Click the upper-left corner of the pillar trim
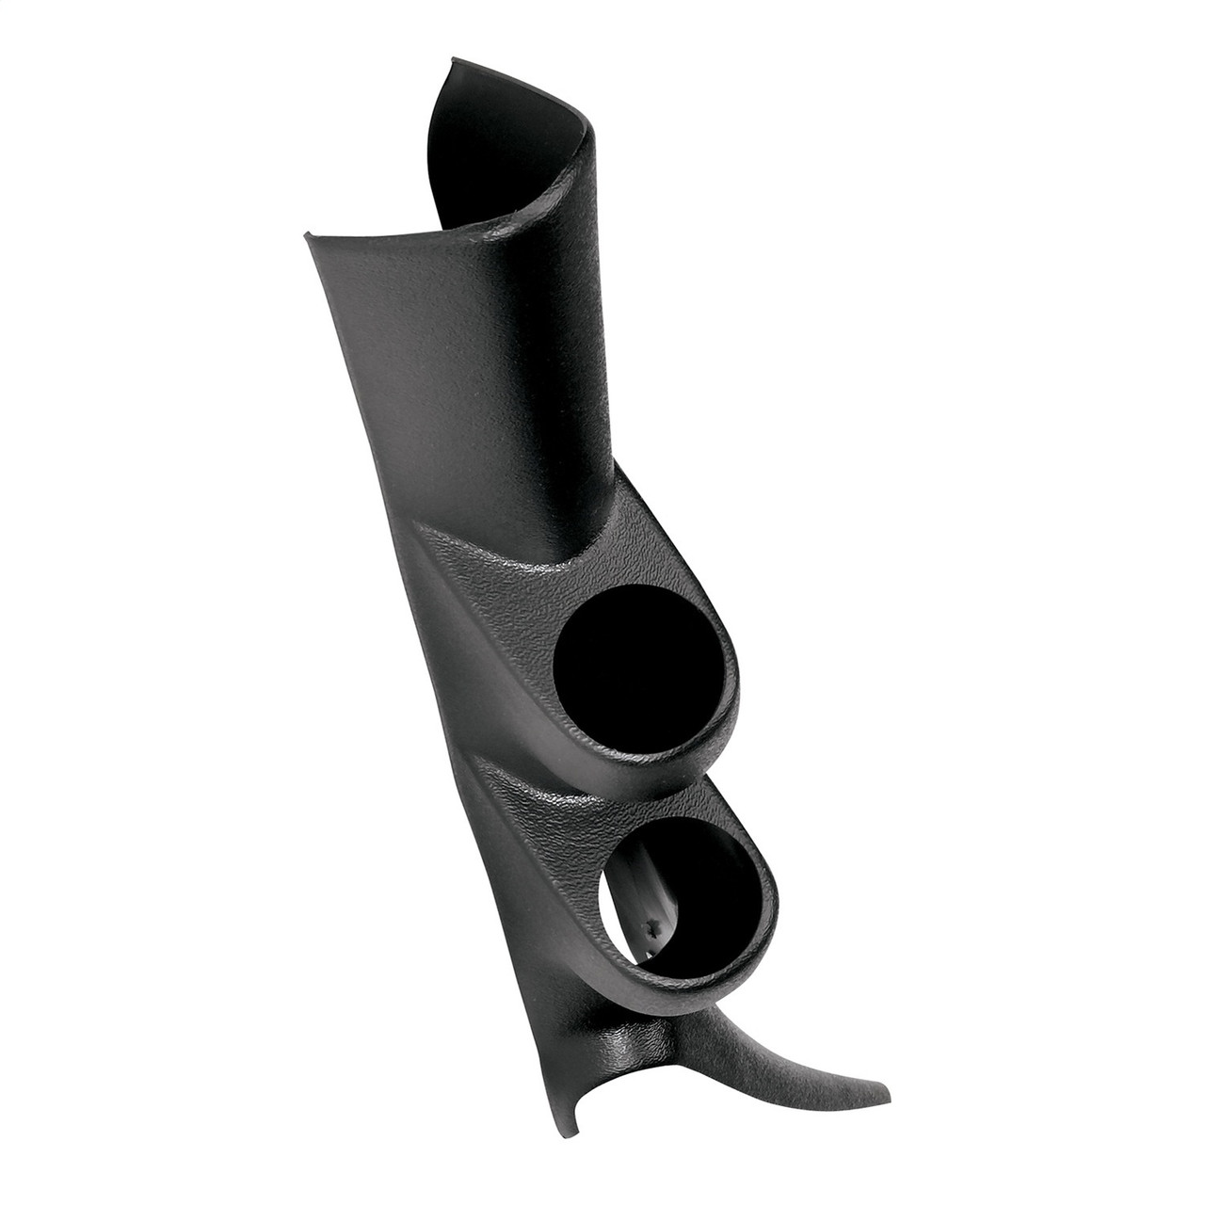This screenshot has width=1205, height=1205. [306, 235]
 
